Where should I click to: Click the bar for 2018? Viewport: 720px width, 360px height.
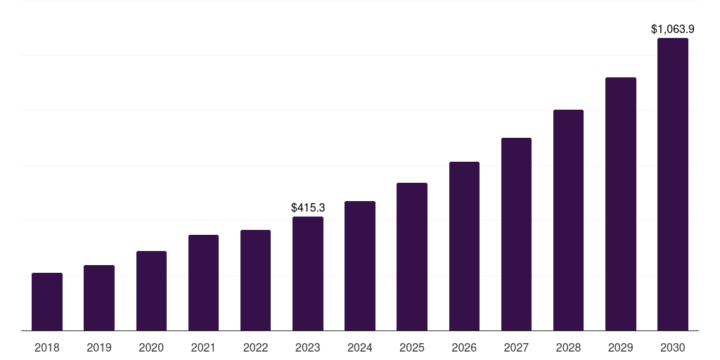click(x=47, y=302)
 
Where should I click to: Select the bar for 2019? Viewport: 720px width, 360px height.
click(x=99, y=298)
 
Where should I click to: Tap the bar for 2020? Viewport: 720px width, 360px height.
click(x=151, y=291)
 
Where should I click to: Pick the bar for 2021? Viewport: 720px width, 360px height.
click(x=203, y=283)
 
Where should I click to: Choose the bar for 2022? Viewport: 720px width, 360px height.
click(x=255, y=281)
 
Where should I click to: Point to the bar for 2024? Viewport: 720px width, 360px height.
click(x=360, y=266)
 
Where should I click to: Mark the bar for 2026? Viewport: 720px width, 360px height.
click(x=464, y=246)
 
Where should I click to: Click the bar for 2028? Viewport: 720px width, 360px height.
click(x=568, y=220)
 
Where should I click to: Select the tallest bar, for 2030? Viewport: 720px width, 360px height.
click(x=673, y=184)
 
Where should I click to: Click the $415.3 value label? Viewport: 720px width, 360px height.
click(x=308, y=208)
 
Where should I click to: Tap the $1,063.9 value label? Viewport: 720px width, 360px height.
click(x=673, y=30)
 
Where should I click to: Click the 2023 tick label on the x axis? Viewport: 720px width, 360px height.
click(x=308, y=347)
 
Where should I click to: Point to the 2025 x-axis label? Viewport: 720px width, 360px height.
click(x=412, y=347)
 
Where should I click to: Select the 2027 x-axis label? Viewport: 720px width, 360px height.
click(x=516, y=347)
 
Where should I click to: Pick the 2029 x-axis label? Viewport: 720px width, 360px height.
click(x=620, y=347)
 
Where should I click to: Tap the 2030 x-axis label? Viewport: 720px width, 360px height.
click(x=673, y=347)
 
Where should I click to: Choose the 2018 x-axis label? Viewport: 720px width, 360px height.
click(x=47, y=347)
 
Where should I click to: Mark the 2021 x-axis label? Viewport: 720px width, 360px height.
click(x=203, y=347)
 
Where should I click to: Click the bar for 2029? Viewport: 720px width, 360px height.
click(x=620, y=204)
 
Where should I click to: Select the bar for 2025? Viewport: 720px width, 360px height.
click(x=412, y=257)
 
